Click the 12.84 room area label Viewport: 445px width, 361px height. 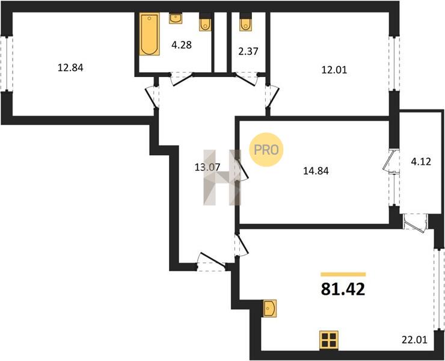70,68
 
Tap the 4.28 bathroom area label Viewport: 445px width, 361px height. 182,45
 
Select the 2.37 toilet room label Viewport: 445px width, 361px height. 248,51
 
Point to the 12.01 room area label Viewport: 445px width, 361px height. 334,70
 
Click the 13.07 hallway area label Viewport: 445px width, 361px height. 207,167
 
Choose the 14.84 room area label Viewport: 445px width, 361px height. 316,171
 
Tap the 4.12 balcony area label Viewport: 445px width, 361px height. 421,162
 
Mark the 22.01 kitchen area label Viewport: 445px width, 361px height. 414,339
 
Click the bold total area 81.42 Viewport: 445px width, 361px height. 343,290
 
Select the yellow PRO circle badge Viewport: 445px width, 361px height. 266,150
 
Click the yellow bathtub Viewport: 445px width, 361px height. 150,34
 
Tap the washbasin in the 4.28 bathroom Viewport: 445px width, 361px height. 176,19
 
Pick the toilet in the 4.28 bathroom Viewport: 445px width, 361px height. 205,24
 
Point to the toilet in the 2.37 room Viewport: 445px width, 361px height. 245,24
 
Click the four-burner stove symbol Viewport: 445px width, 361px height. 329,341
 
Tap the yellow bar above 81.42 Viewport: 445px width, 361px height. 343,274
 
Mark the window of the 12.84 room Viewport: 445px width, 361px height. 7,63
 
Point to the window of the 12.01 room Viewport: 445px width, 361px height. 394,63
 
